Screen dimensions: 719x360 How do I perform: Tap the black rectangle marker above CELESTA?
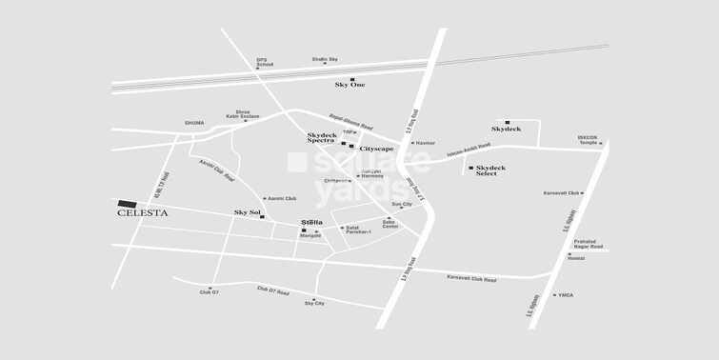[127, 203]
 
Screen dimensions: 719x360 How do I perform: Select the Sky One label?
[350, 85]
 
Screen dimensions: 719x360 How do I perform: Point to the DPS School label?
[264, 64]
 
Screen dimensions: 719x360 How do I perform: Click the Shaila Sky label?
[326, 59]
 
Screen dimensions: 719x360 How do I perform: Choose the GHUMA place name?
[193, 123]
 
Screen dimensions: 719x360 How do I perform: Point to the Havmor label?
[425, 143]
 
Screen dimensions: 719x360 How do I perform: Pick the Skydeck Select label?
[489, 170]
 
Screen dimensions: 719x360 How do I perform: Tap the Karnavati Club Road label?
[471, 279]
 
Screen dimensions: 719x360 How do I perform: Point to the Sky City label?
[314, 303]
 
